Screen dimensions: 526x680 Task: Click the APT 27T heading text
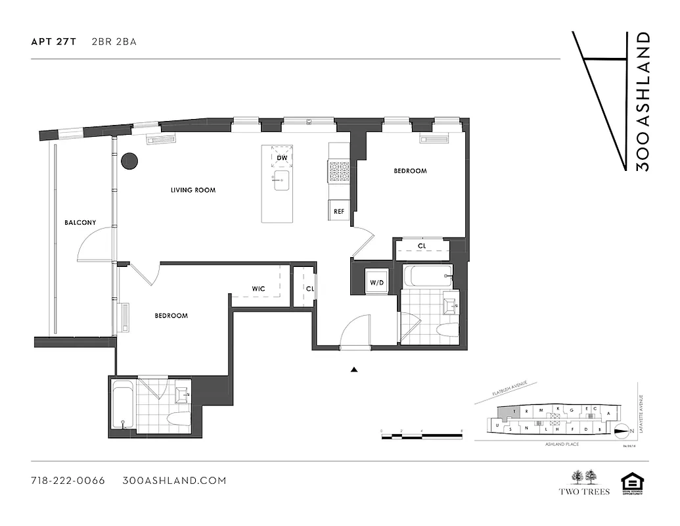(54, 41)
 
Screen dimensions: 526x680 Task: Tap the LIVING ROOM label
(193, 190)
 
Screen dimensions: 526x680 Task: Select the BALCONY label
(79, 223)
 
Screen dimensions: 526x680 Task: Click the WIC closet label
(258, 289)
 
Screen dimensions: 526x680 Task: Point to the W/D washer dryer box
(376, 283)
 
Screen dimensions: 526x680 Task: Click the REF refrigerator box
(339, 211)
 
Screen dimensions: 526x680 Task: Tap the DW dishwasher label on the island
(281, 158)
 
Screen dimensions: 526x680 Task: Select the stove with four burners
(339, 172)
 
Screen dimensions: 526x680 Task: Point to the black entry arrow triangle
(354, 370)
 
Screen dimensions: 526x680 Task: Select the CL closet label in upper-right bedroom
(422, 247)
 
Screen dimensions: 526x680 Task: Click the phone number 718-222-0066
(68, 481)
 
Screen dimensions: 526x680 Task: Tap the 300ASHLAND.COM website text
(174, 481)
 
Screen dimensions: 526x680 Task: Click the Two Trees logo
(584, 481)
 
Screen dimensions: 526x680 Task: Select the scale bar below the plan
(422, 435)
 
